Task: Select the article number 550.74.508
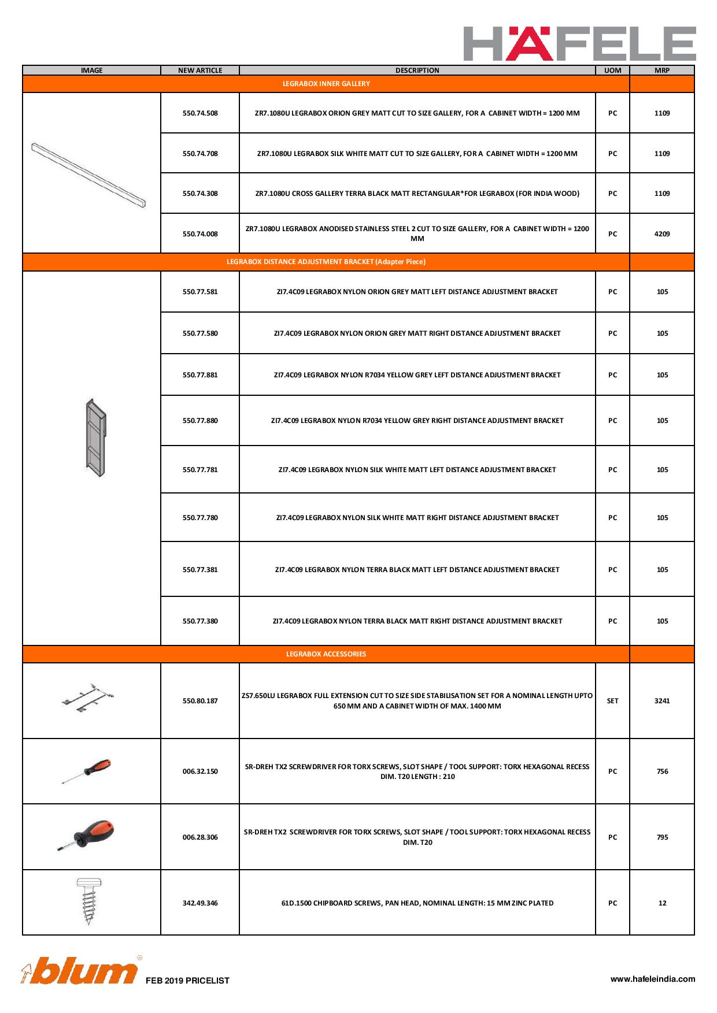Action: [x=200, y=113]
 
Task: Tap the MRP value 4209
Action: [x=662, y=234]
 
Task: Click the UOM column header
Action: [x=612, y=70]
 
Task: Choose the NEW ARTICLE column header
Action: [x=200, y=70]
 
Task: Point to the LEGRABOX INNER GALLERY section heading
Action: [x=326, y=84]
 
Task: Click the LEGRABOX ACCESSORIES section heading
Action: [x=326, y=654]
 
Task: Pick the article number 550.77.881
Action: [x=200, y=375]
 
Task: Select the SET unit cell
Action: [x=612, y=701]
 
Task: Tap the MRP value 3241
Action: [x=662, y=701]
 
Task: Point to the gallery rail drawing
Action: [x=88, y=175]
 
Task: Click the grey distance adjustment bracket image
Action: [x=96, y=437]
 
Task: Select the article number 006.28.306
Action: [x=200, y=837]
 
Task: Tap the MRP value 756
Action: [x=662, y=771]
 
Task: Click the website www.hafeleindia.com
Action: [x=653, y=979]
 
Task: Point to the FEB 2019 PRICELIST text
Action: [x=187, y=981]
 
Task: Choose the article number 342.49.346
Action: [x=200, y=903]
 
